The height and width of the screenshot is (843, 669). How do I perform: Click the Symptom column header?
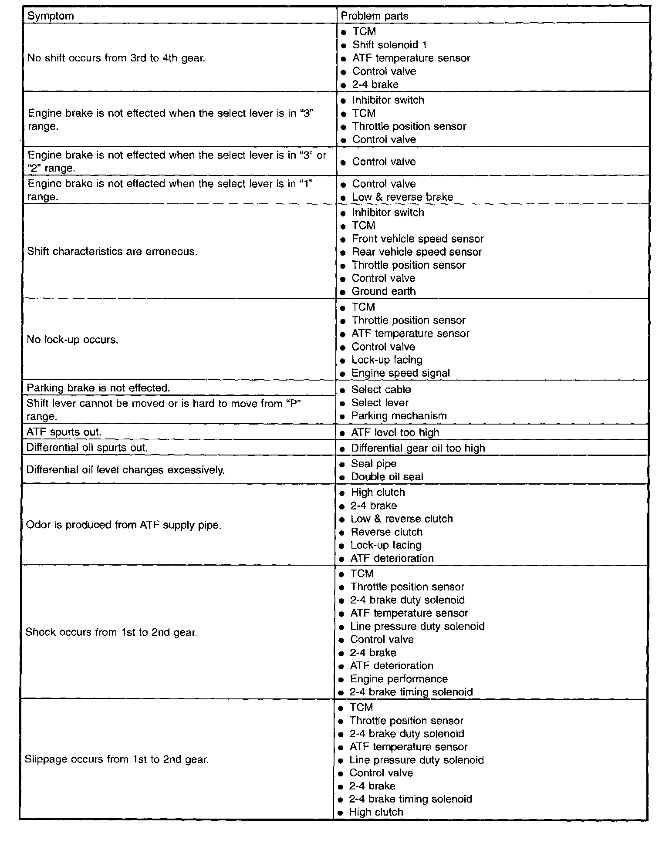(x=51, y=16)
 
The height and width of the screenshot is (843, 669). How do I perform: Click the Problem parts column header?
(x=374, y=16)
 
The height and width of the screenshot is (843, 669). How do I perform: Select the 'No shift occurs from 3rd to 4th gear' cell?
(x=116, y=58)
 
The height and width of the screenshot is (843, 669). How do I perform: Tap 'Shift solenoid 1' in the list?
(x=389, y=45)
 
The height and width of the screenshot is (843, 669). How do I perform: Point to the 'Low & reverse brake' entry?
(x=402, y=197)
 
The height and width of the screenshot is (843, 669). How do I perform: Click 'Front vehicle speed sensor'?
(x=417, y=239)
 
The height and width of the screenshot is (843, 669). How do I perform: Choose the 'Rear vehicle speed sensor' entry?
(x=416, y=252)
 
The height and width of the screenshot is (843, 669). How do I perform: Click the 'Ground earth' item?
(x=383, y=291)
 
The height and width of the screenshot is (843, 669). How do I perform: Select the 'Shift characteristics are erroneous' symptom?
(x=112, y=252)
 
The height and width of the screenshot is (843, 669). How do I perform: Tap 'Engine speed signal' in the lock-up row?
(x=400, y=373)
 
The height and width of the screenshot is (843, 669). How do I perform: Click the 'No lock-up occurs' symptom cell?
(x=72, y=340)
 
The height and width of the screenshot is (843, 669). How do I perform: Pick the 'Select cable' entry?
(x=381, y=390)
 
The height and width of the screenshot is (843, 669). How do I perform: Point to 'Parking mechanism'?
(x=399, y=416)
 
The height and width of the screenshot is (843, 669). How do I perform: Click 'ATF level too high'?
(x=395, y=432)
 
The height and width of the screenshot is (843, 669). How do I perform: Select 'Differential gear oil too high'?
(x=418, y=448)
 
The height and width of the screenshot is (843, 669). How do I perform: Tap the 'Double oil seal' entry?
(x=387, y=477)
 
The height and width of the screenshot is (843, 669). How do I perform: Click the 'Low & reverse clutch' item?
(x=401, y=519)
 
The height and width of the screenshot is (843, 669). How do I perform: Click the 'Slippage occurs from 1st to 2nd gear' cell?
(x=117, y=760)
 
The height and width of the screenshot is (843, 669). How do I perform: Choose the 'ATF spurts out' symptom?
(x=64, y=432)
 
